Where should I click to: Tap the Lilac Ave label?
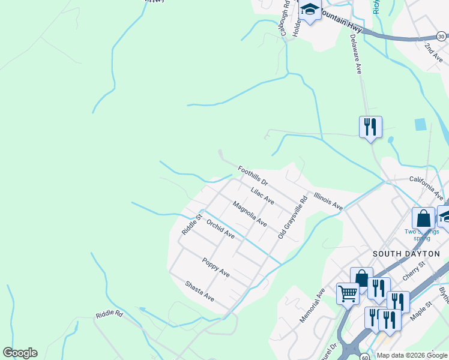[x=262, y=196]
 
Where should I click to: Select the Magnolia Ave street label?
[x=250, y=214]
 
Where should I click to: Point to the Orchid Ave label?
[x=220, y=229]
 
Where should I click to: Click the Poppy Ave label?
[x=216, y=267]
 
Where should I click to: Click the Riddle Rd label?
[x=109, y=314]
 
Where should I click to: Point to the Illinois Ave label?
[x=327, y=201]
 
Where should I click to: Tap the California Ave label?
[x=426, y=187]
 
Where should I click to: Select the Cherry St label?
[x=414, y=270]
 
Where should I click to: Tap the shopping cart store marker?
[x=348, y=294]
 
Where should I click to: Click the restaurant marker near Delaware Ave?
[x=370, y=127]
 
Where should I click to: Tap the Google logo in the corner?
[x=20, y=353]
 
